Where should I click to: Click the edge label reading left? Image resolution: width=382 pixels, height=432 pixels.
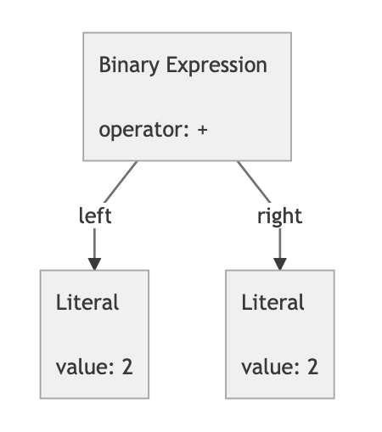pos(94,216)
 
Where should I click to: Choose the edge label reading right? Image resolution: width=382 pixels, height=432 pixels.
pos(279,216)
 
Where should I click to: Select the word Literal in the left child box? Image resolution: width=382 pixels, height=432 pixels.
pos(87,302)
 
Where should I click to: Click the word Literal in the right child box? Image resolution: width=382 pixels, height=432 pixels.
pos(272,302)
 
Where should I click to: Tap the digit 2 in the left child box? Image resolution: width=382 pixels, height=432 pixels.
pos(127,367)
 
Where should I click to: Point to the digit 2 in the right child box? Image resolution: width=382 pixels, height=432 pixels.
pos(312,367)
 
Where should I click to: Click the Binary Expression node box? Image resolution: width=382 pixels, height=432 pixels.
pos(187,97)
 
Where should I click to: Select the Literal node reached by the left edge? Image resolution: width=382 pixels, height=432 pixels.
pos(94,334)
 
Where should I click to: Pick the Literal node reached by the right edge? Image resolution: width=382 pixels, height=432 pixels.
pos(279,334)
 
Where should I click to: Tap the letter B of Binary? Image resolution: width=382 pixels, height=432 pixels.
pos(104,65)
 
